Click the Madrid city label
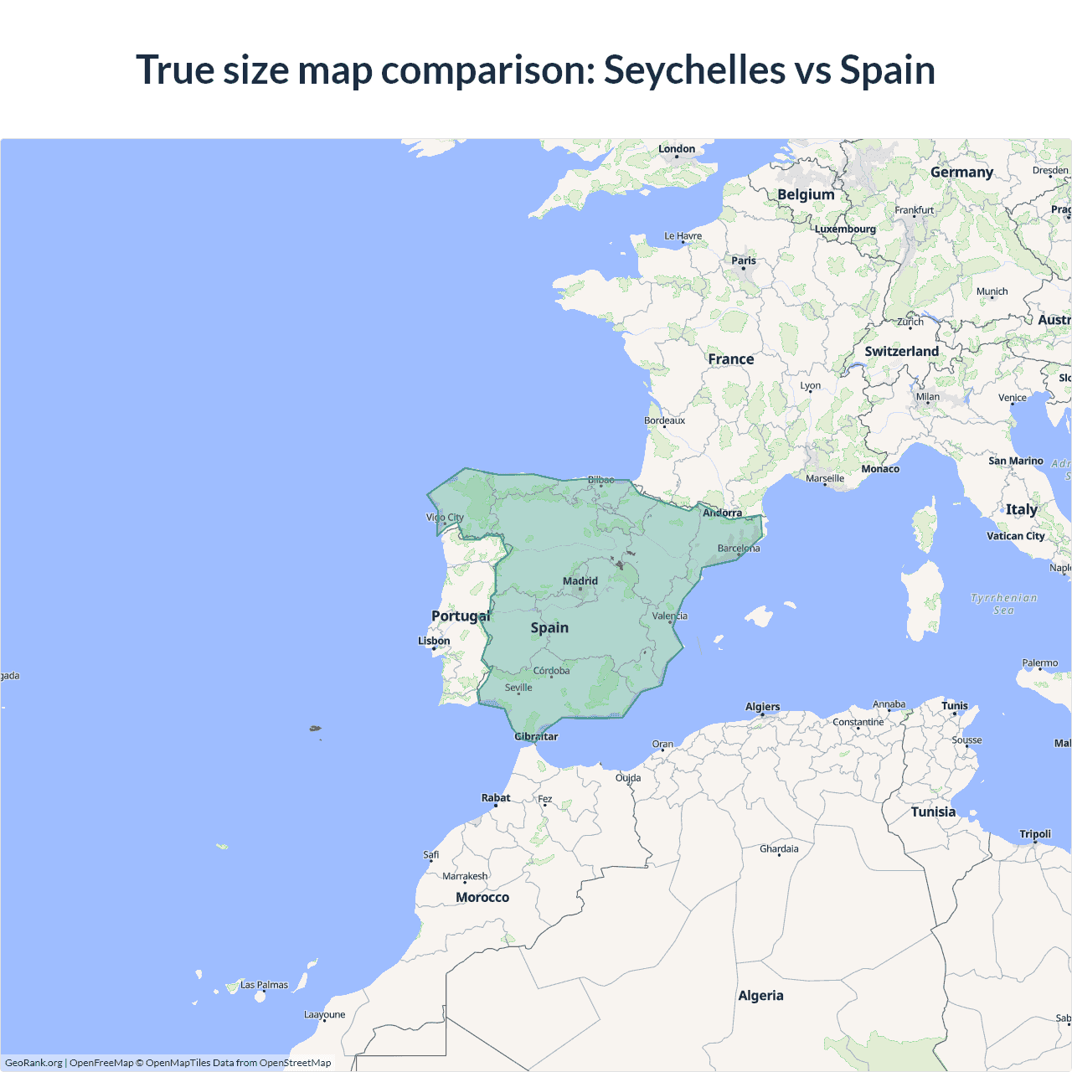[580, 580]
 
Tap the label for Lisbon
[434, 641]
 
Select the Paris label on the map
[744, 260]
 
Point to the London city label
[677, 149]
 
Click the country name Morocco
[482, 897]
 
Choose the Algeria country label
[760, 995]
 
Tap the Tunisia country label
[933, 812]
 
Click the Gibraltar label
[536, 736]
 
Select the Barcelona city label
[739, 549]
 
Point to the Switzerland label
[901, 351]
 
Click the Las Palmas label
[264, 985]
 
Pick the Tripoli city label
[1035, 833]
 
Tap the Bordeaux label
[664, 420]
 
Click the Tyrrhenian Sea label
[1003, 604]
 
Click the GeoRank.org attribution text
[33, 1063]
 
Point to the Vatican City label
[1015, 536]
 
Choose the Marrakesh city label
[465, 876]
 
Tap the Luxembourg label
[845, 229]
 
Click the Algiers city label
[762, 707]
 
